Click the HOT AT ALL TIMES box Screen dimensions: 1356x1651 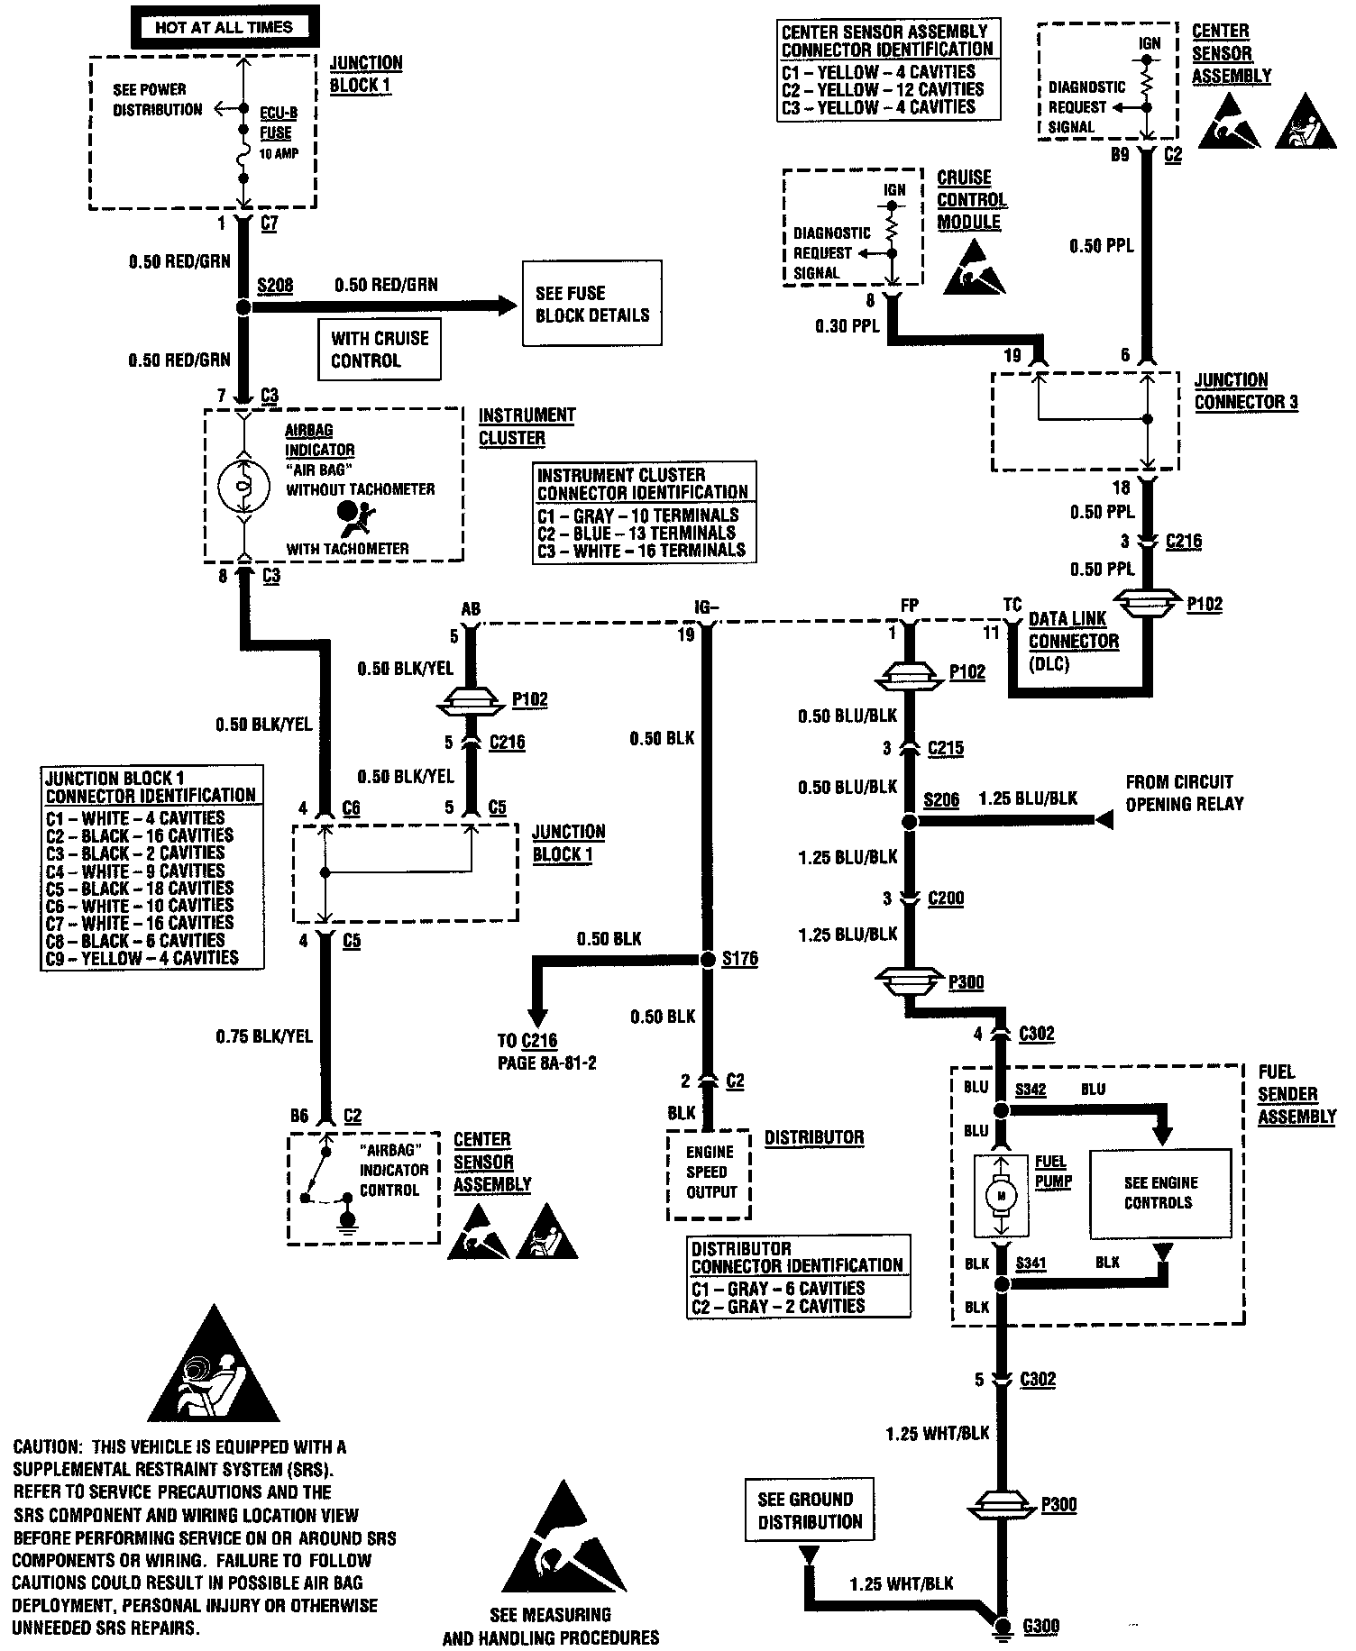[x=224, y=27]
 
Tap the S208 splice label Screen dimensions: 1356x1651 [x=275, y=286]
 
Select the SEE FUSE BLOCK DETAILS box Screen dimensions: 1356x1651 [x=592, y=304]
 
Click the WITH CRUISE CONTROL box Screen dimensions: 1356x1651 [x=380, y=350]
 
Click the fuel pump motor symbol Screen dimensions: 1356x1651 [x=1000, y=1196]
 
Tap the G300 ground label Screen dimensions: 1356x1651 [x=1040, y=1627]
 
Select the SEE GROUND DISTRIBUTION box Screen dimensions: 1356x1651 [x=810, y=1510]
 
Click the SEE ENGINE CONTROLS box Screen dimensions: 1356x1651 [x=1159, y=1193]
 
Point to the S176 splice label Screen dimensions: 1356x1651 [x=739, y=959]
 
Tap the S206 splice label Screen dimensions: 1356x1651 [x=941, y=799]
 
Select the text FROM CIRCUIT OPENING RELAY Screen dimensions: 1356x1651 [x=1184, y=793]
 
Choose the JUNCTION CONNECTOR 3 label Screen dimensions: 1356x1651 [x=1245, y=391]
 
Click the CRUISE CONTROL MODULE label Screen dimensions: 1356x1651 [x=972, y=199]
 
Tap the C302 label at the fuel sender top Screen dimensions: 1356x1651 [x=1036, y=1034]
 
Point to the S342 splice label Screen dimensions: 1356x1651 [x=1031, y=1089]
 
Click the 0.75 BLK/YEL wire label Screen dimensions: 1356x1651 [x=264, y=1036]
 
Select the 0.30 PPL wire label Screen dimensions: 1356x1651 [x=847, y=326]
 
